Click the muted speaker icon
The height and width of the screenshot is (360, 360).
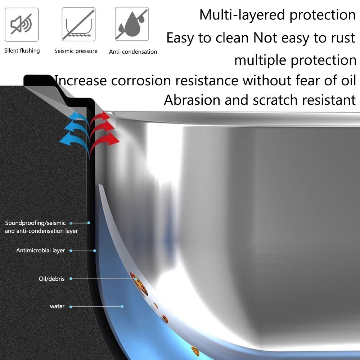click(x=22, y=24)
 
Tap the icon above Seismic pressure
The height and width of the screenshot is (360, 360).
click(x=78, y=24)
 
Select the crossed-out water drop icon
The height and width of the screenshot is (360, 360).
click(x=131, y=24)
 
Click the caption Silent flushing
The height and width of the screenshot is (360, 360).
click(x=22, y=50)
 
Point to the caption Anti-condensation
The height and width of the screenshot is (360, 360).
click(x=133, y=51)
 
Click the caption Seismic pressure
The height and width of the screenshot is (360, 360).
click(x=76, y=51)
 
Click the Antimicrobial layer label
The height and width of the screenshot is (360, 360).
click(x=40, y=250)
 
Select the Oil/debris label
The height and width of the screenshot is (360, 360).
click(x=51, y=279)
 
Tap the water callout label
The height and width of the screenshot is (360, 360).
click(x=57, y=306)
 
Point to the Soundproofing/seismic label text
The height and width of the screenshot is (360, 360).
click(x=35, y=223)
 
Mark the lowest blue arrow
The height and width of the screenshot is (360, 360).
click(x=74, y=139)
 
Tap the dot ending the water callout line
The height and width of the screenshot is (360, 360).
click(x=122, y=306)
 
